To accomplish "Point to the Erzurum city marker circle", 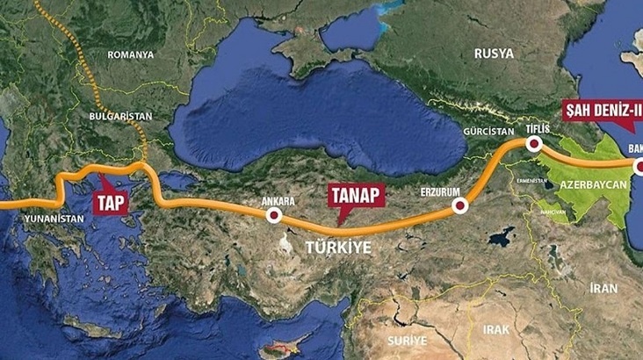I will tap(458, 206).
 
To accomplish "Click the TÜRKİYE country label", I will tap(337, 248).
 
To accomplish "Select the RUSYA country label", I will tap(493, 54).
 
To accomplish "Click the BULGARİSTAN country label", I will tap(121, 116).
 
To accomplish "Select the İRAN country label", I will tap(603, 288).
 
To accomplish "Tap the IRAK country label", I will tap(489, 329).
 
